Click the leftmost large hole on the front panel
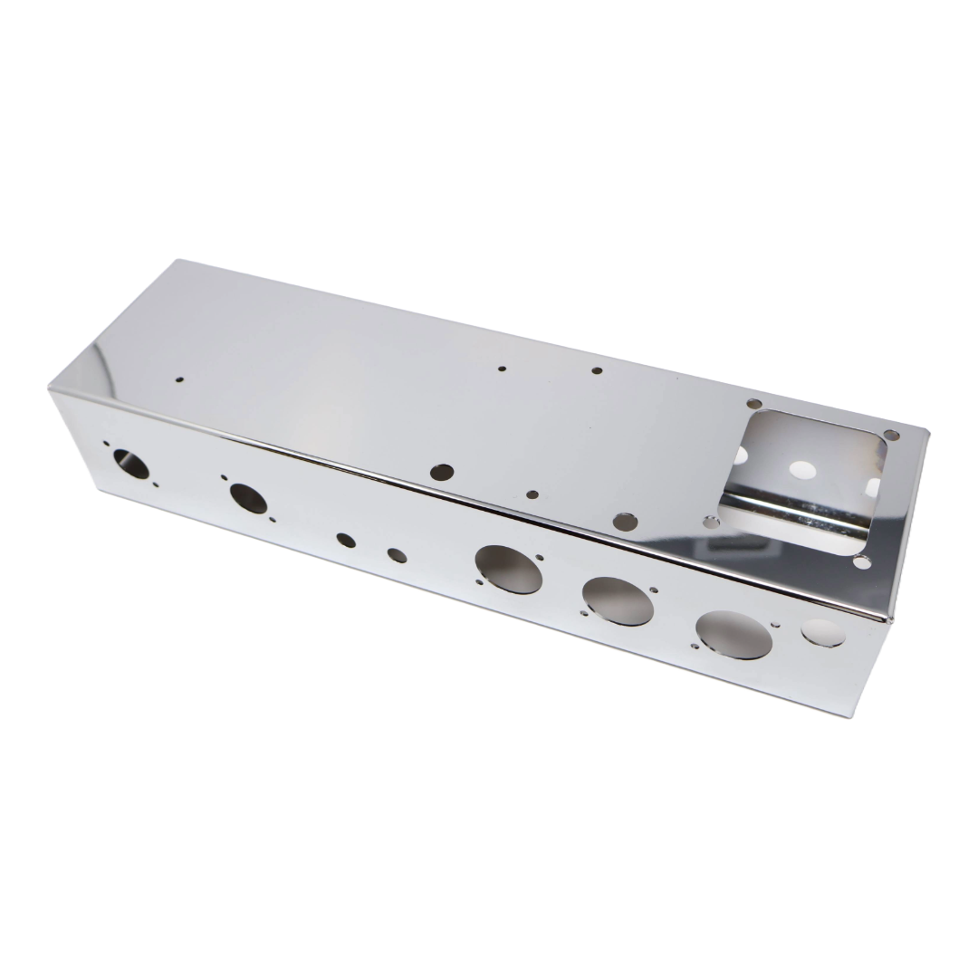pos(131,464)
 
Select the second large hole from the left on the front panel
pos(247,497)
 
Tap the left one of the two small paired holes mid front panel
pos(346,540)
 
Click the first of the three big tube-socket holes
pos(509,570)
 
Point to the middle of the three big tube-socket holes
pos(618,600)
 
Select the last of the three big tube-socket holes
pos(734,634)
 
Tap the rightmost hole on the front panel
pos(823,632)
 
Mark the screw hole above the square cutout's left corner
pos(753,404)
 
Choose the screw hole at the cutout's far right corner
pos(891,436)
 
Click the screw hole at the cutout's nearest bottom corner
pos(862,562)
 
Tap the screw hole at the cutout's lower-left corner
pos(712,522)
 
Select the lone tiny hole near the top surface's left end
pos(179,380)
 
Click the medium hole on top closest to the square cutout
pos(624,521)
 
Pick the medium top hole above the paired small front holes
pos(442,472)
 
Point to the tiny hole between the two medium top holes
pos(532,495)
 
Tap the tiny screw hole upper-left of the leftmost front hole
pos(106,444)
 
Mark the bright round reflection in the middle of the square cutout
pos(801,470)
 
